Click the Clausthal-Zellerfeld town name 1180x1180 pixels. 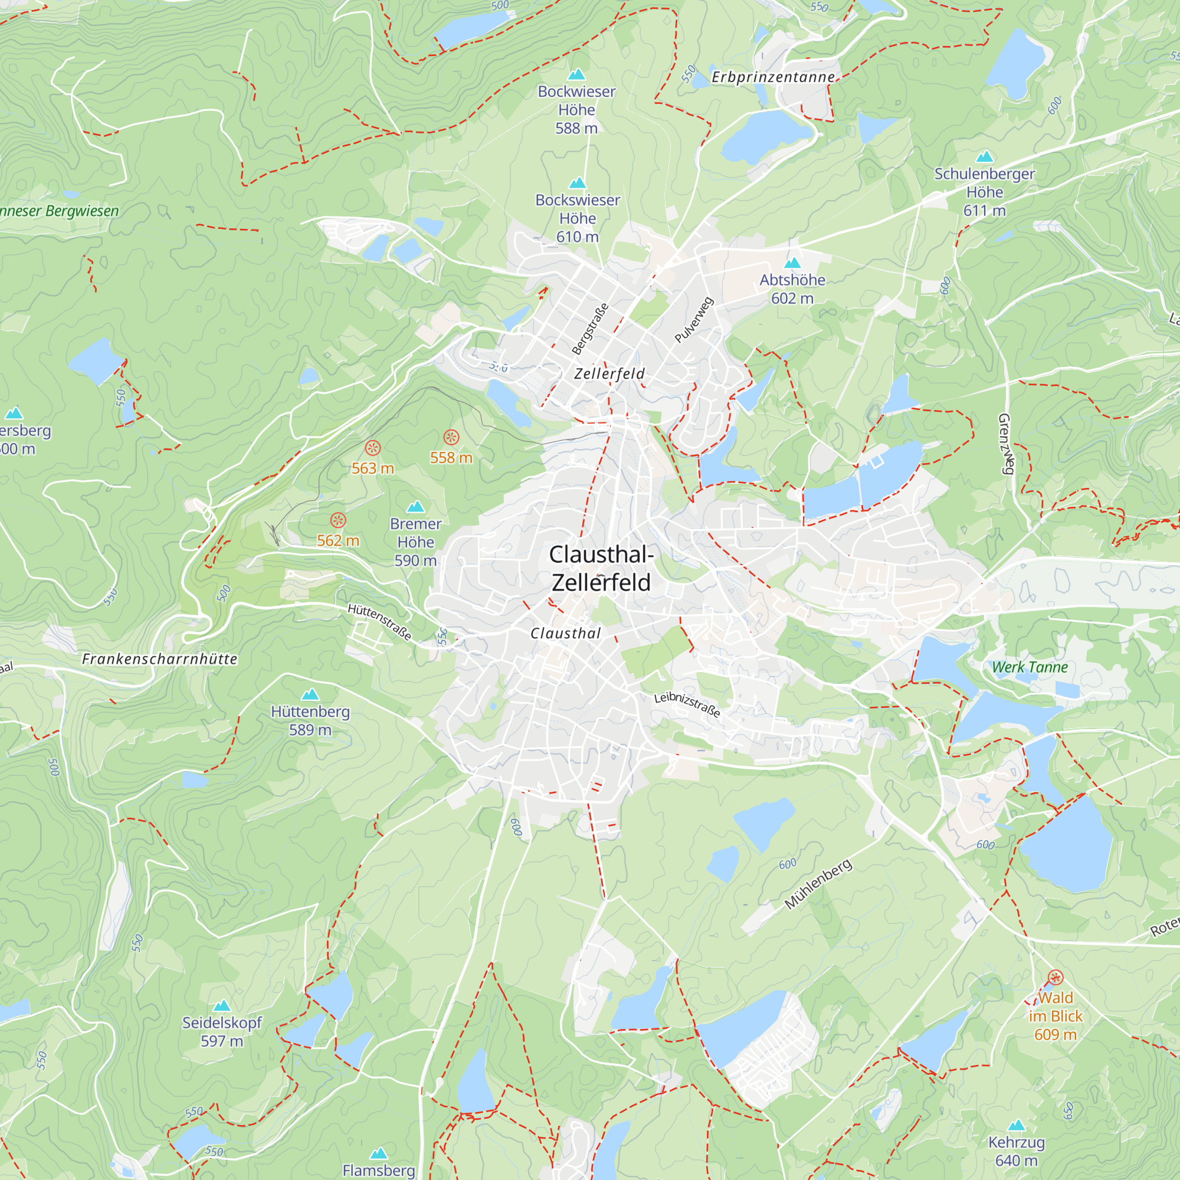coord(602,569)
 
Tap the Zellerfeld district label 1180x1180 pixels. coord(609,373)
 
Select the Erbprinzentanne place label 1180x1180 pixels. coord(773,77)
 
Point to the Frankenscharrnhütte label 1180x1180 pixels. coord(159,659)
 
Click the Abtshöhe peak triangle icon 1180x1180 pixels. coord(792,263)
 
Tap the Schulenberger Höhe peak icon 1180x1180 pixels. coord(985,156)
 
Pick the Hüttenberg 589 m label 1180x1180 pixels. coord(310,721)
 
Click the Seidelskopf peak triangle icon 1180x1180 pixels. coord(222,1006)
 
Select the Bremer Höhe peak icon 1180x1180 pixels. coord(415,506)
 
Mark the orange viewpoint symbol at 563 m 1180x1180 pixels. coord(372,448)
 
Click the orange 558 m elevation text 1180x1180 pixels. coord(451,457)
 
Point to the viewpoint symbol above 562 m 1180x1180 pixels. coord(338,520)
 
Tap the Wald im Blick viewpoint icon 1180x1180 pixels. coord(1056,978)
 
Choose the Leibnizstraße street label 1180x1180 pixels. coord(687,705)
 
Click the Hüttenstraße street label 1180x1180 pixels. coord(379,622)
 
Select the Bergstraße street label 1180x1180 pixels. coord(590,329)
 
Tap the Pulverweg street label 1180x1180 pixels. coord(694,319)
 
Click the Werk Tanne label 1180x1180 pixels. coord(1030,667)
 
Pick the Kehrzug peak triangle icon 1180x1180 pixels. coord(1017,1125)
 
